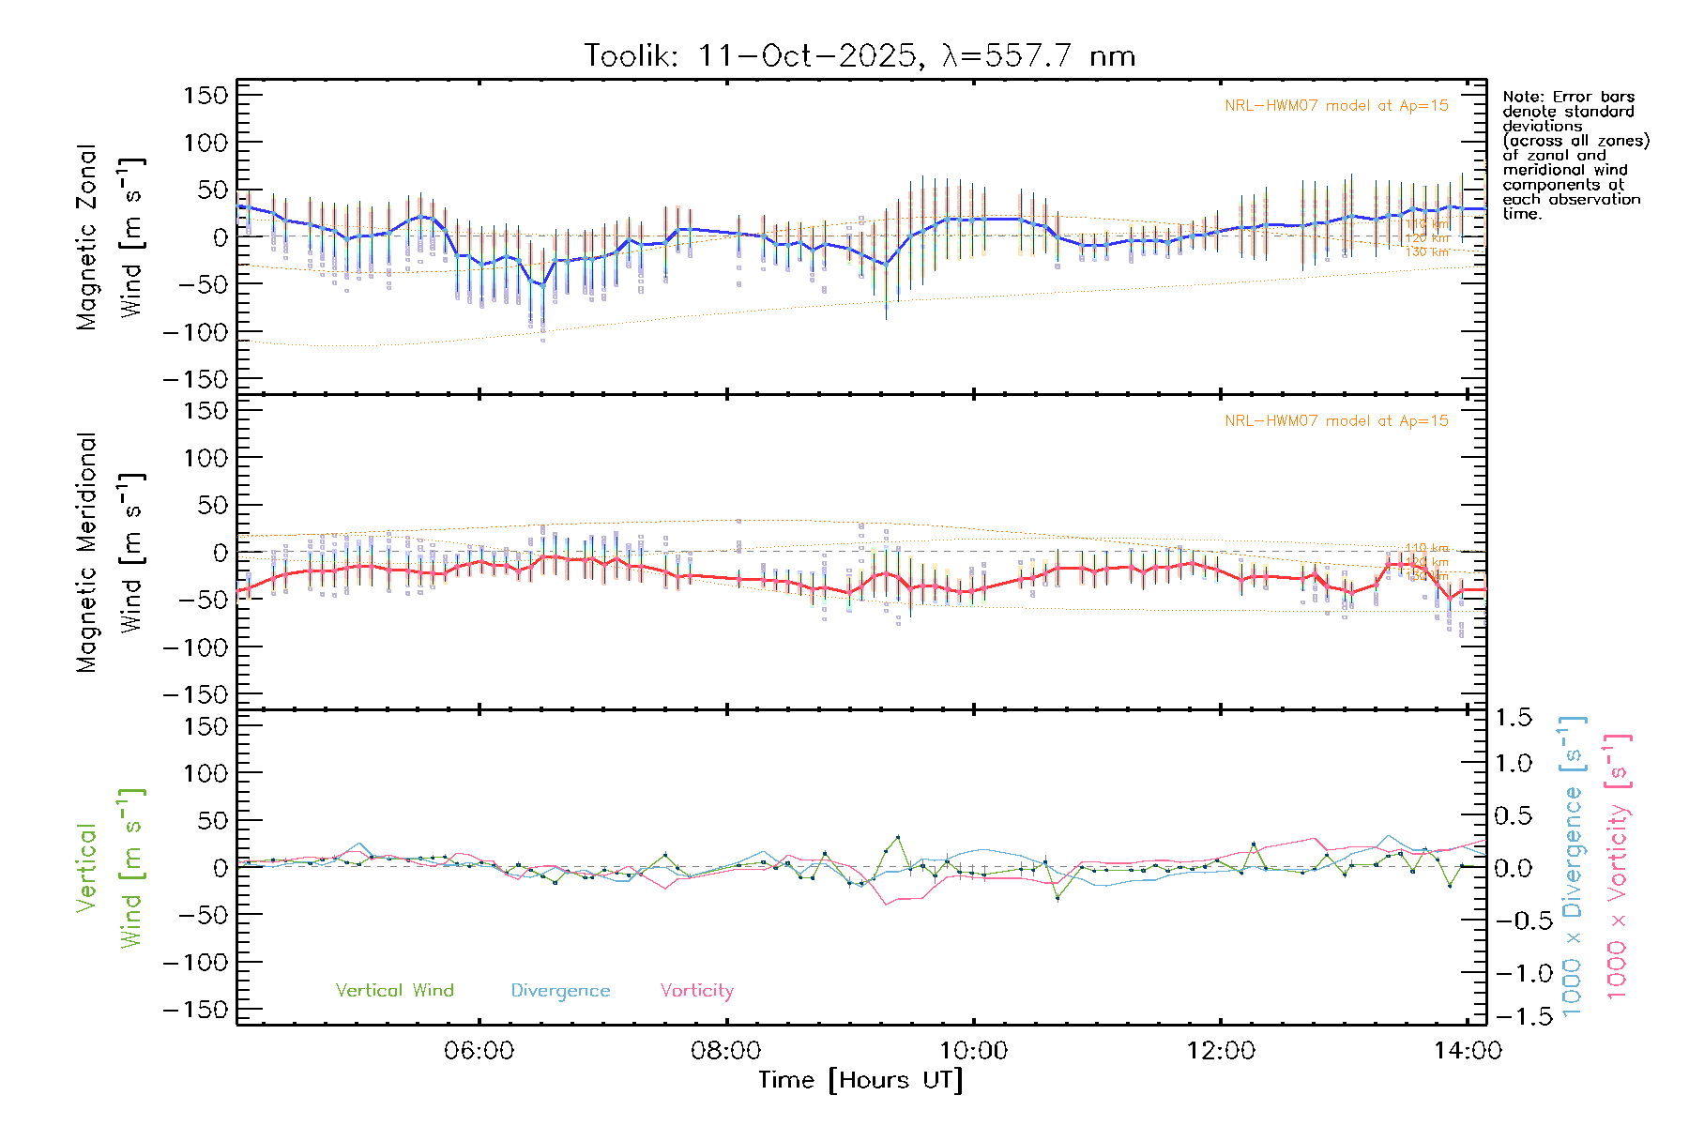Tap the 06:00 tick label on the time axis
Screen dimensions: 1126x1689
coord(479,1051)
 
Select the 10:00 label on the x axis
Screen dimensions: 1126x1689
coord(974,1051)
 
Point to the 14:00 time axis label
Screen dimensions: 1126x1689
coord(1468,1051)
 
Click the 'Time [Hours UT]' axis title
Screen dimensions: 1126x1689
coord(860,1080)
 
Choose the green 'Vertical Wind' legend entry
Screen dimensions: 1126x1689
coord(394,990)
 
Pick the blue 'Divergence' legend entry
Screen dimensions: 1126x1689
coord(560,990)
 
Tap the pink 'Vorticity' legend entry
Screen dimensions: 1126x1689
coord(696,990)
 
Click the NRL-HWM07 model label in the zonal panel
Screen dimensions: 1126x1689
coord(1336,106)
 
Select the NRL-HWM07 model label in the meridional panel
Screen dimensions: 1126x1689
coord(1336,421)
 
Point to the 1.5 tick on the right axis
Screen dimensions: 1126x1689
coord(1513,718)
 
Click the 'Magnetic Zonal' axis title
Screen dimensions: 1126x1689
coord(87,237)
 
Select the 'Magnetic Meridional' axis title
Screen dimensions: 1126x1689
coord(87,553)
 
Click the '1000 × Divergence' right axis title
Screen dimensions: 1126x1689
coord(1573,867)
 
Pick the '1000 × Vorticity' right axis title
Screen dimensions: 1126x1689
coord(1618,867)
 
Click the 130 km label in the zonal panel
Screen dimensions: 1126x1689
coord(1426,252)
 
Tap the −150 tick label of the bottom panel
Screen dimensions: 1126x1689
coord(195,1010)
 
